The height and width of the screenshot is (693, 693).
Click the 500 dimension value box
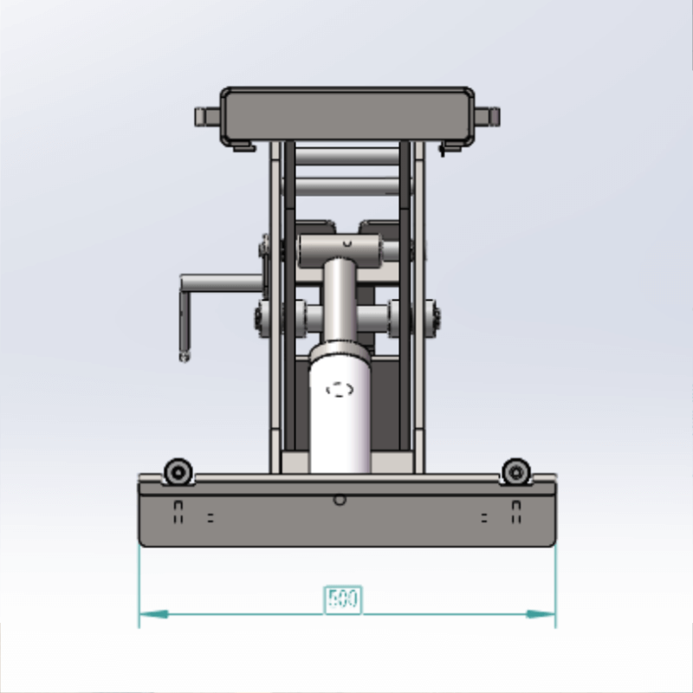point(343,599)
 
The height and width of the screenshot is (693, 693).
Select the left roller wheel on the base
point(179,472)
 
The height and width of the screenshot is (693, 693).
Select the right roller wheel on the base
point(516,472)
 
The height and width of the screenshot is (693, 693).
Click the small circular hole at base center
point(340,500)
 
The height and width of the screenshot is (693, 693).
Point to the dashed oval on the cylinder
point(340,390)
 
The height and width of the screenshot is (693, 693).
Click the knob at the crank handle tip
point(183,355)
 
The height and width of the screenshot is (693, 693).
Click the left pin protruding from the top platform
point(207,116)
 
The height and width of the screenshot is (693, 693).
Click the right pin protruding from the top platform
point(489,116)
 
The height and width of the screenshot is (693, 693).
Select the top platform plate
point(346,114)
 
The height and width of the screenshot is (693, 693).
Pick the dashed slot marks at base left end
point(178,512)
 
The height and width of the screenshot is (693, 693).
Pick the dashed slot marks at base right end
point(516,512)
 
